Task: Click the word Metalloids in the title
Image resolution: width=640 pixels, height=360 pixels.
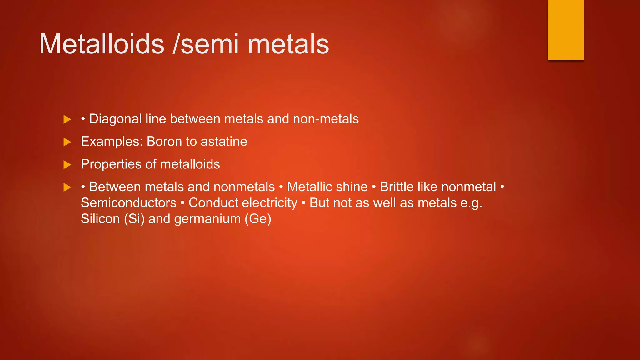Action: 102,44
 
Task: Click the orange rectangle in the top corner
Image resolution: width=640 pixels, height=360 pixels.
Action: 566,30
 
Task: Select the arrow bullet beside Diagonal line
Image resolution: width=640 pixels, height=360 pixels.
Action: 67,119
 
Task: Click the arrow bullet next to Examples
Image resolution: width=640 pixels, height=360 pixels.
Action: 67,142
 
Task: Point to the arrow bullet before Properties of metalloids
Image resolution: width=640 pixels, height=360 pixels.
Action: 67,165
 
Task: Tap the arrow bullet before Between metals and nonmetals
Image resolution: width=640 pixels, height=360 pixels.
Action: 67,187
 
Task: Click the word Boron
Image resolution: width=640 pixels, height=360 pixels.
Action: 164,142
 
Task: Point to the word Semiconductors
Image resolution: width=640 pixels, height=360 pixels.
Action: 129,203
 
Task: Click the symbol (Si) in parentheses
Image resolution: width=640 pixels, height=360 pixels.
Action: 134,219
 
